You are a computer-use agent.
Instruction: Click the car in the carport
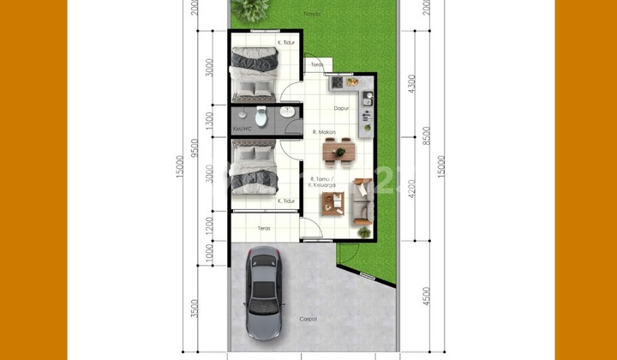[263, 292]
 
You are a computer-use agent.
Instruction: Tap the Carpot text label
[308, 319]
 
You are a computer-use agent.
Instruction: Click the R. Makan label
[324, 132]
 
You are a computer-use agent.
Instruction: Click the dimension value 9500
[198, 151]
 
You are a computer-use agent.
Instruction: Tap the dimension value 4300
[412, 84]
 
